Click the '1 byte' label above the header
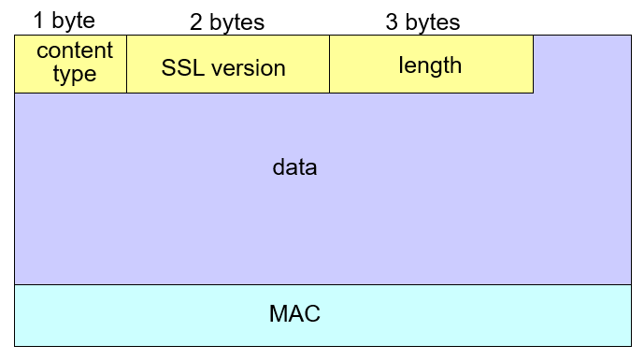(64, 20)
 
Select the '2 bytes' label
(227, 22)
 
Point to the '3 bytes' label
(422, 22)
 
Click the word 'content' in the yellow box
(75, 50)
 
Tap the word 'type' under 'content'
(75, 74)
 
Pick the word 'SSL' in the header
(182, 67)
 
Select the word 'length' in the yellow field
(430, 65)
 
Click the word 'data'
(295, 168)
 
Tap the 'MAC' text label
(294, 314)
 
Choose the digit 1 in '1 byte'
(39, 20)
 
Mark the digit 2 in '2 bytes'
(196, 22)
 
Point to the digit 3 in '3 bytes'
(392, 22)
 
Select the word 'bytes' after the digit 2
(237, 22)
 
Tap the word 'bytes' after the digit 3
(433, 22)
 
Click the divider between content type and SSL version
(126, 65)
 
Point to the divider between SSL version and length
(329, 65)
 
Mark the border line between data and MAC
(322, 284)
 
